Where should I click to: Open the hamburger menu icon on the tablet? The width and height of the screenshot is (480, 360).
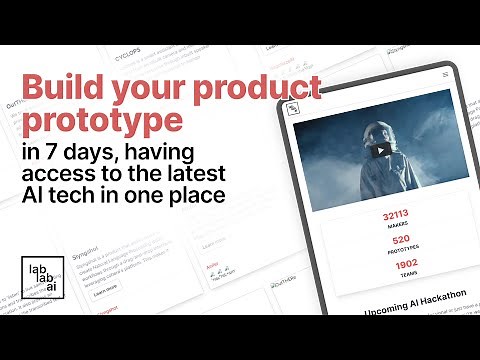444,75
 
